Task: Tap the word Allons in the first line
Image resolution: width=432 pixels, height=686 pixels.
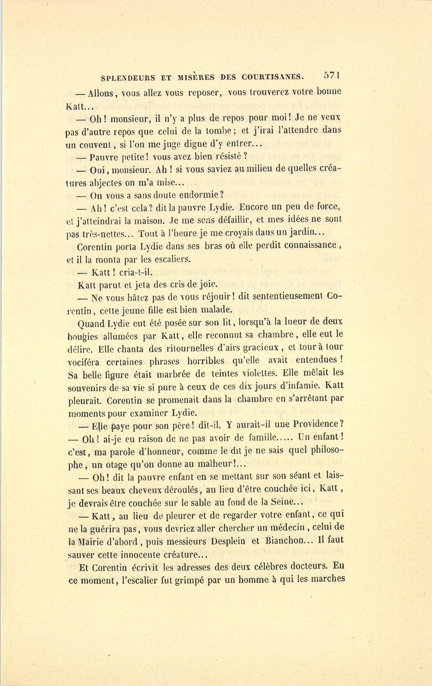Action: click(103, 93)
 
